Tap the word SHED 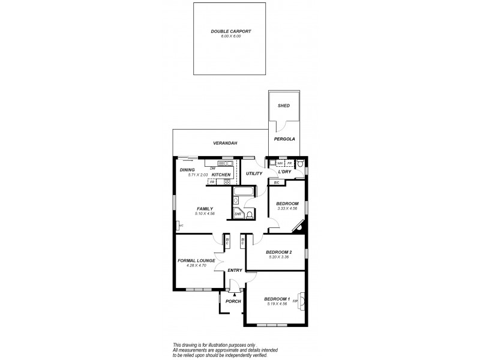point(284,106)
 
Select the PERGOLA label point(284,139)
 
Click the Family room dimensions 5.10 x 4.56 point(205,214)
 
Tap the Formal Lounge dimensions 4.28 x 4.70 point(196,265)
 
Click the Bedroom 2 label point(279,251)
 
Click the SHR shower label point(238,213)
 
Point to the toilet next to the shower point(250,213)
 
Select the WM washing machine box point(280,163)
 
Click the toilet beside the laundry point(301,163)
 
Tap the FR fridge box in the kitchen point(212,181)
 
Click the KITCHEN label point(221,175)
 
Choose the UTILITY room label point(254,173)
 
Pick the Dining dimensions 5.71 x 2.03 point(197,175)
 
